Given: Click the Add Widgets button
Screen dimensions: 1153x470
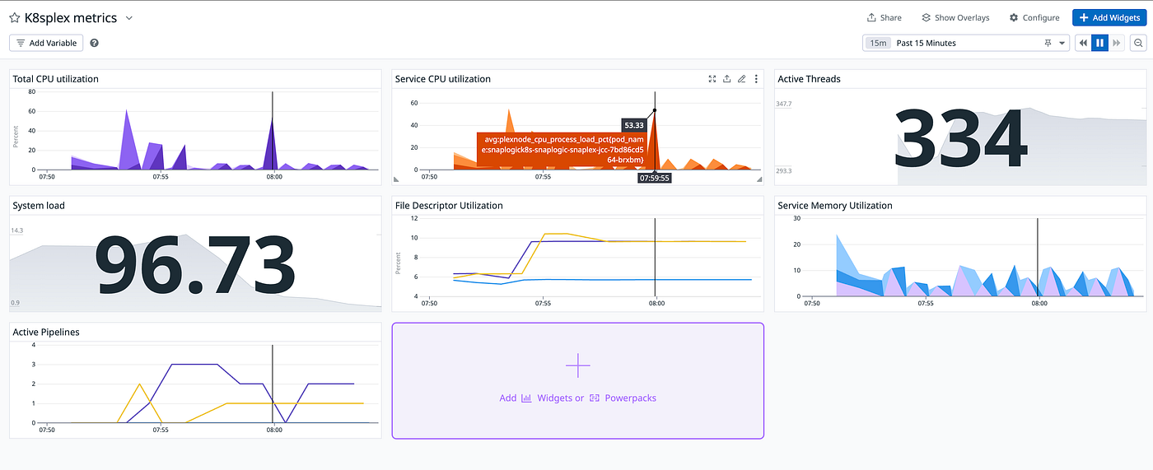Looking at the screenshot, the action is pyautogui.click(x=1109, y=17).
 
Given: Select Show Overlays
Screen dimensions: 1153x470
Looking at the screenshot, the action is pyautogui.click(x=955, y=17).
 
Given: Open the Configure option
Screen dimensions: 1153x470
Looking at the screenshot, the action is pyautogui.click(x=1034, y=17).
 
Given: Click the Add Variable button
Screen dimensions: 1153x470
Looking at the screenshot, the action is pyautogui.click(x=46, y=43).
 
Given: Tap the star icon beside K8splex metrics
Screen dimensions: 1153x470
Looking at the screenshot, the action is pyautogui.click(x=15, y=18).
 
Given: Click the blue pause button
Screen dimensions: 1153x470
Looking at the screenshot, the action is pyautogui.click(x=1099, y=43).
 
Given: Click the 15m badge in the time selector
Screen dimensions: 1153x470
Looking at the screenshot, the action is pyautogui.click(x=878, y=43).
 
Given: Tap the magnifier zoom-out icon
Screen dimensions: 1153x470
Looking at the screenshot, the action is pyautogui.click(x=1138, y=43).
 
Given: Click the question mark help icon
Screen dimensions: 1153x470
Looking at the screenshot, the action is pyautogui.click(x=94, y=43).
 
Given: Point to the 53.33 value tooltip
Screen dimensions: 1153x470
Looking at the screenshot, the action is pyautogui.click(x=633, y=125).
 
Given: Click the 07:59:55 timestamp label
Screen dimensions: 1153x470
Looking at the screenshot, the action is pyautogui.click(x=654, y=178).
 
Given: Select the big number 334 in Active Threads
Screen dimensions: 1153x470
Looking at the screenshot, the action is pyautogui.click(x=960, y=137).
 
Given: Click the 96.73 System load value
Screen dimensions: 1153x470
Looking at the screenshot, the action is pyautogui.click(x=195, y=265).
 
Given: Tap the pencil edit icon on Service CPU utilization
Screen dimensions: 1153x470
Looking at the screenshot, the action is pyautogui.click(x=741, y=79).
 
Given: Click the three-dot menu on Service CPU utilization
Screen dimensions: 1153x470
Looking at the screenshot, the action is pyautogui.click(x=756, y=79).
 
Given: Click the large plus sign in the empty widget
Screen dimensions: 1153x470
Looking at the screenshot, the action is pyautogui.click(x=577, y=365).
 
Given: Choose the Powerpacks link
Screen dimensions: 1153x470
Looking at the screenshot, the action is pyautogui.click(x=630, y=398).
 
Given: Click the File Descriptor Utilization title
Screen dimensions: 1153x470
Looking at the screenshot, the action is pyautogui.click(x=449, y=205).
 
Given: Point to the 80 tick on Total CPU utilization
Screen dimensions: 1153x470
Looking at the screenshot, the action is pyautogui.click(x=32, y=91).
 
